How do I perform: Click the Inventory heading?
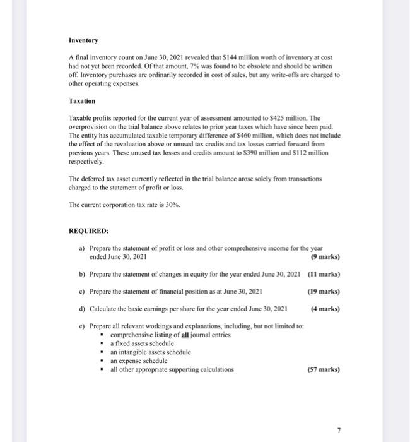coord(83,40)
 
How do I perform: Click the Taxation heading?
coord(82,101)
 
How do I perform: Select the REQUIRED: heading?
coord(88,231)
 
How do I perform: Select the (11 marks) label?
coord(324,274)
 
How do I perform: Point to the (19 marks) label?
coord(324,292)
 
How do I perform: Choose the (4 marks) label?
coord(325,309)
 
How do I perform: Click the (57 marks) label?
coord(324,369)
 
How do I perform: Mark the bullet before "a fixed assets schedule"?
coord(103,343)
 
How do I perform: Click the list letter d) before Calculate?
coord(82,309)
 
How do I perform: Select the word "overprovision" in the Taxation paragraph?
coord(88,126)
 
